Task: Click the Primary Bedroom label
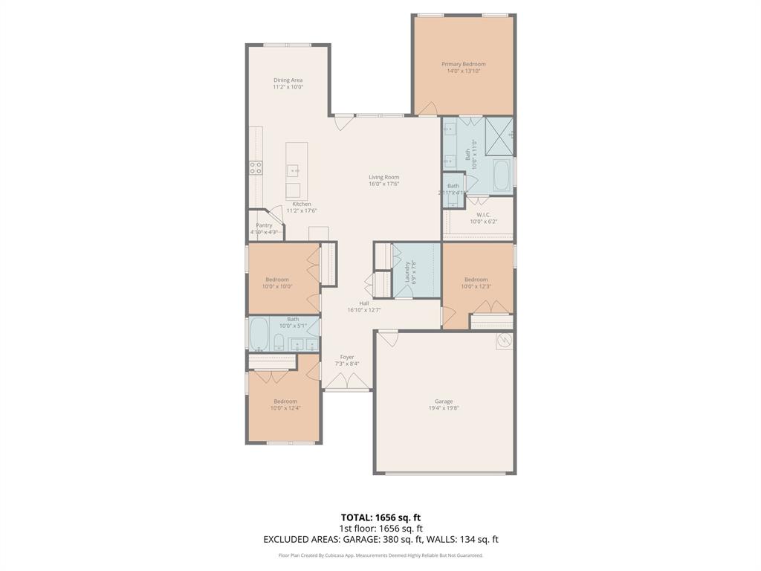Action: pos(463,64)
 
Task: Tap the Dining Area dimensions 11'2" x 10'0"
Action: pos(288,87)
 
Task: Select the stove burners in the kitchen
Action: pos(256,168)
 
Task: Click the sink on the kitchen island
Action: pos(295,171)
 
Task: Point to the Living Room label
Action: pos(384,177)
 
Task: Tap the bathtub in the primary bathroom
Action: pos(501,176)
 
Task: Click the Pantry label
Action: pos(264,225)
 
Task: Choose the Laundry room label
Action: pos(407,271)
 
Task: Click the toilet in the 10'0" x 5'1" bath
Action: pos(279,342)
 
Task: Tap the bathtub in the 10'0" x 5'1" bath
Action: pos(259,334)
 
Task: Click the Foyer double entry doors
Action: pos(346,382)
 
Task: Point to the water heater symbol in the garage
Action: pos(505,341)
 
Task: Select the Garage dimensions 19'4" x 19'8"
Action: pos(444,408)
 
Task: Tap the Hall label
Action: pos(364,303)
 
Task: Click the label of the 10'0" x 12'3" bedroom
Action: pos(476,280)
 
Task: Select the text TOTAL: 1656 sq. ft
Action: pos(380,517)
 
